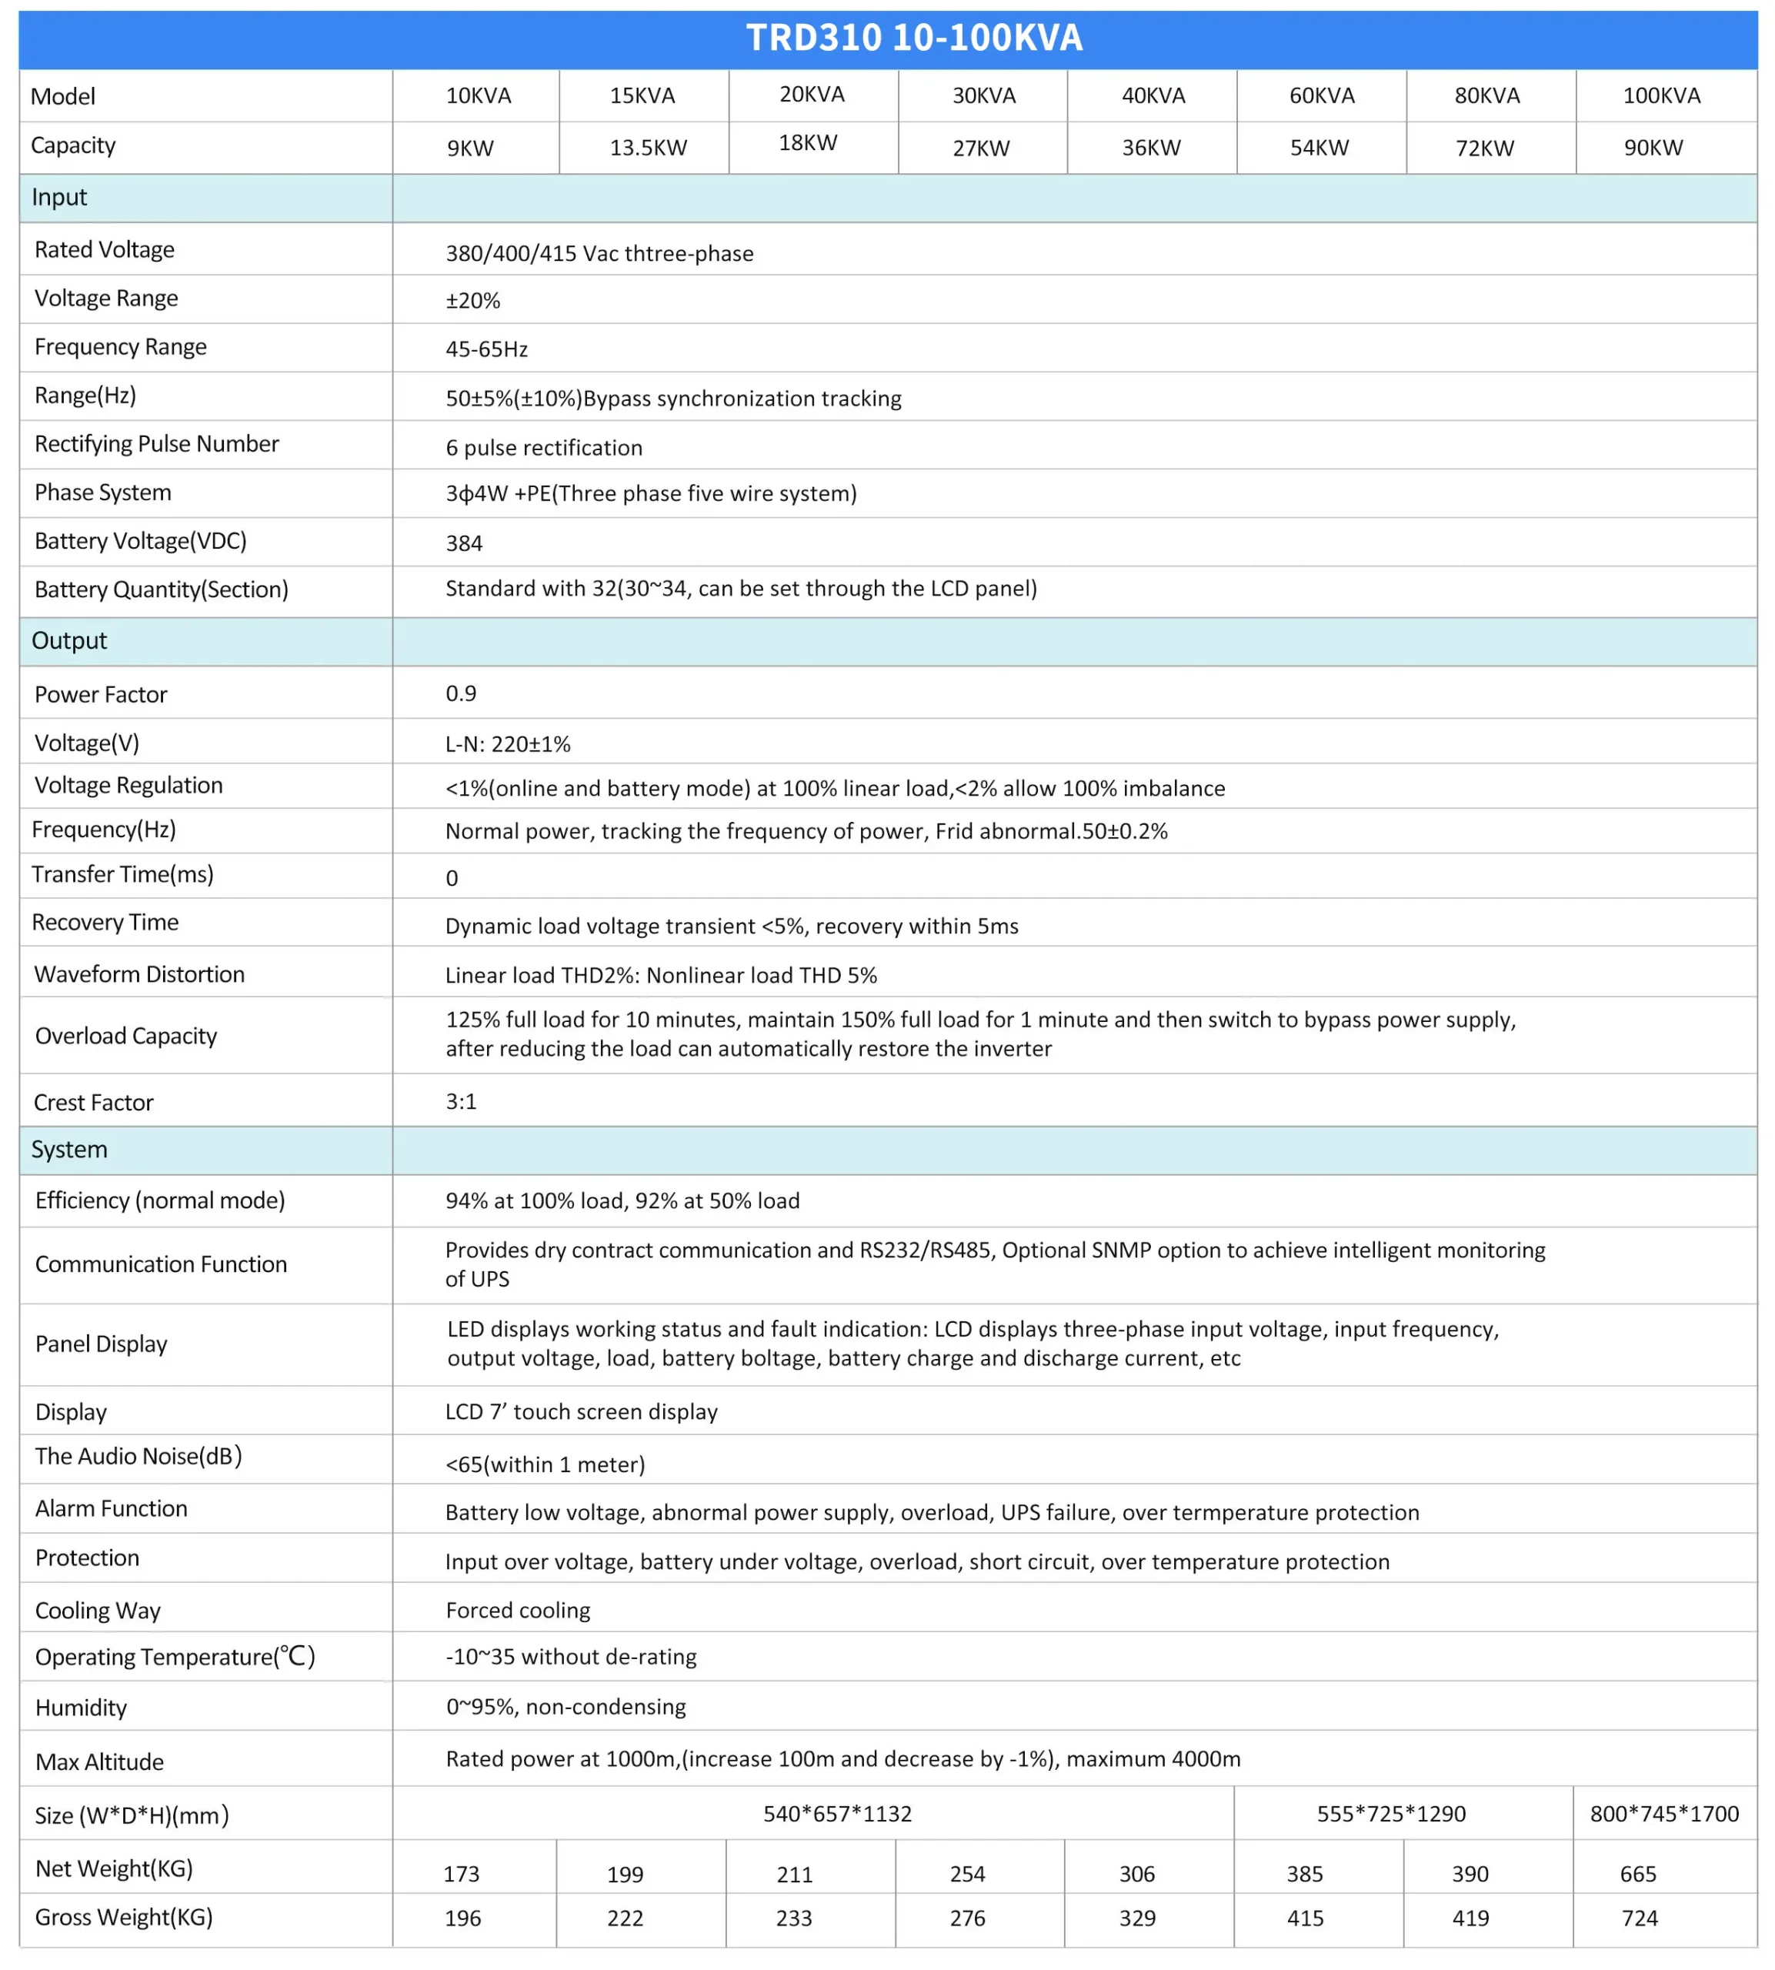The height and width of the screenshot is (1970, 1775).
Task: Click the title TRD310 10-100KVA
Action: point(914,38)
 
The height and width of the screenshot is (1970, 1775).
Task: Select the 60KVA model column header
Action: point(1322,95)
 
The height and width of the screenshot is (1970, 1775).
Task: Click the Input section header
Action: point(59,197)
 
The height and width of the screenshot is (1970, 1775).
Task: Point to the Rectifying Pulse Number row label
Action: point(156,445)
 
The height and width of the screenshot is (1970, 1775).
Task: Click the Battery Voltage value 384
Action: point(464,543)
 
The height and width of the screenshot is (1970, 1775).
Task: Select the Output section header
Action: point(69,641)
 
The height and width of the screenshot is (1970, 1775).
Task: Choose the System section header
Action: point(69,1150)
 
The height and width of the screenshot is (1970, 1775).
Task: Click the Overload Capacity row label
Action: point(126,1036)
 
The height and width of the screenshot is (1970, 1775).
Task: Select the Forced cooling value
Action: point(517,1610)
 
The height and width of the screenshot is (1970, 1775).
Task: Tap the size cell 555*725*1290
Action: point(1391,1814)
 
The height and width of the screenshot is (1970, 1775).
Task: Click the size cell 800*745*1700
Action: point(1663,1814)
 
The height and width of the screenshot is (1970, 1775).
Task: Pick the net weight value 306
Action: point(1136,1875)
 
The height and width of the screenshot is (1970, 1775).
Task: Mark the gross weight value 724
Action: point(1639,1918)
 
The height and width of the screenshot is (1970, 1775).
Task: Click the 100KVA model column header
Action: point(1661,95)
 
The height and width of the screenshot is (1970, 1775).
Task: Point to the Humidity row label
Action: point(81,1708)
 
